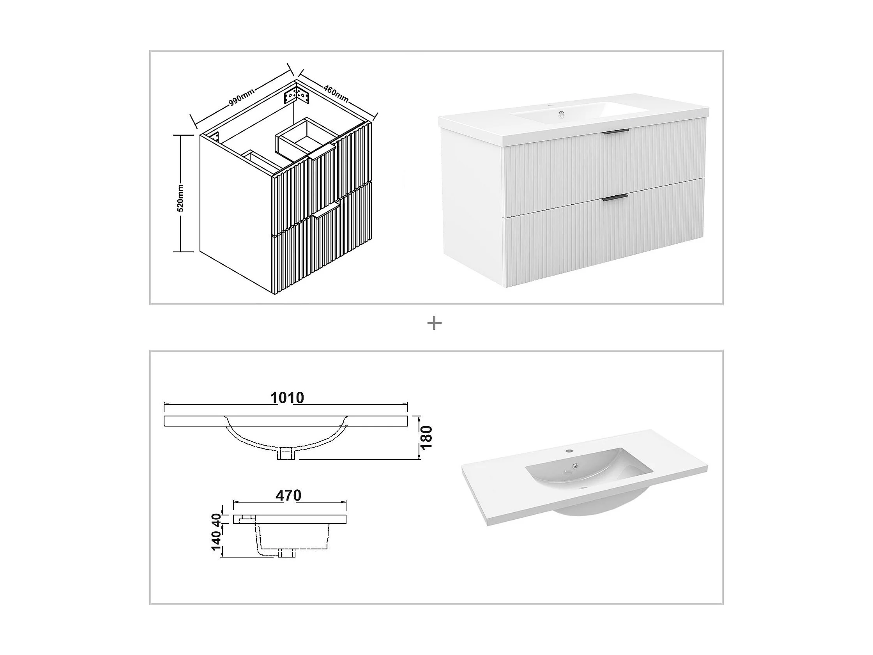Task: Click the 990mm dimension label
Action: click(x=241, y=98)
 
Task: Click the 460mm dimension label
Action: click(x=336, y=94)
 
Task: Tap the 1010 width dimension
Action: click(x=287, y=398)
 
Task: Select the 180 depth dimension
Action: click(x=427, y=437)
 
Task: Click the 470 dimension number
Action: click(x=288, y=495)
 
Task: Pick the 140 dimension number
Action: click(x=217, y=540)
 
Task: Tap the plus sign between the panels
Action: click(x=435, y=324)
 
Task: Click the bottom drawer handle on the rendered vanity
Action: click(x=615, y=197)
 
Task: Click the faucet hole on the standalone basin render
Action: click(x=569, y=450)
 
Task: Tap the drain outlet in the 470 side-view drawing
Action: click(x=286, y=553)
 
